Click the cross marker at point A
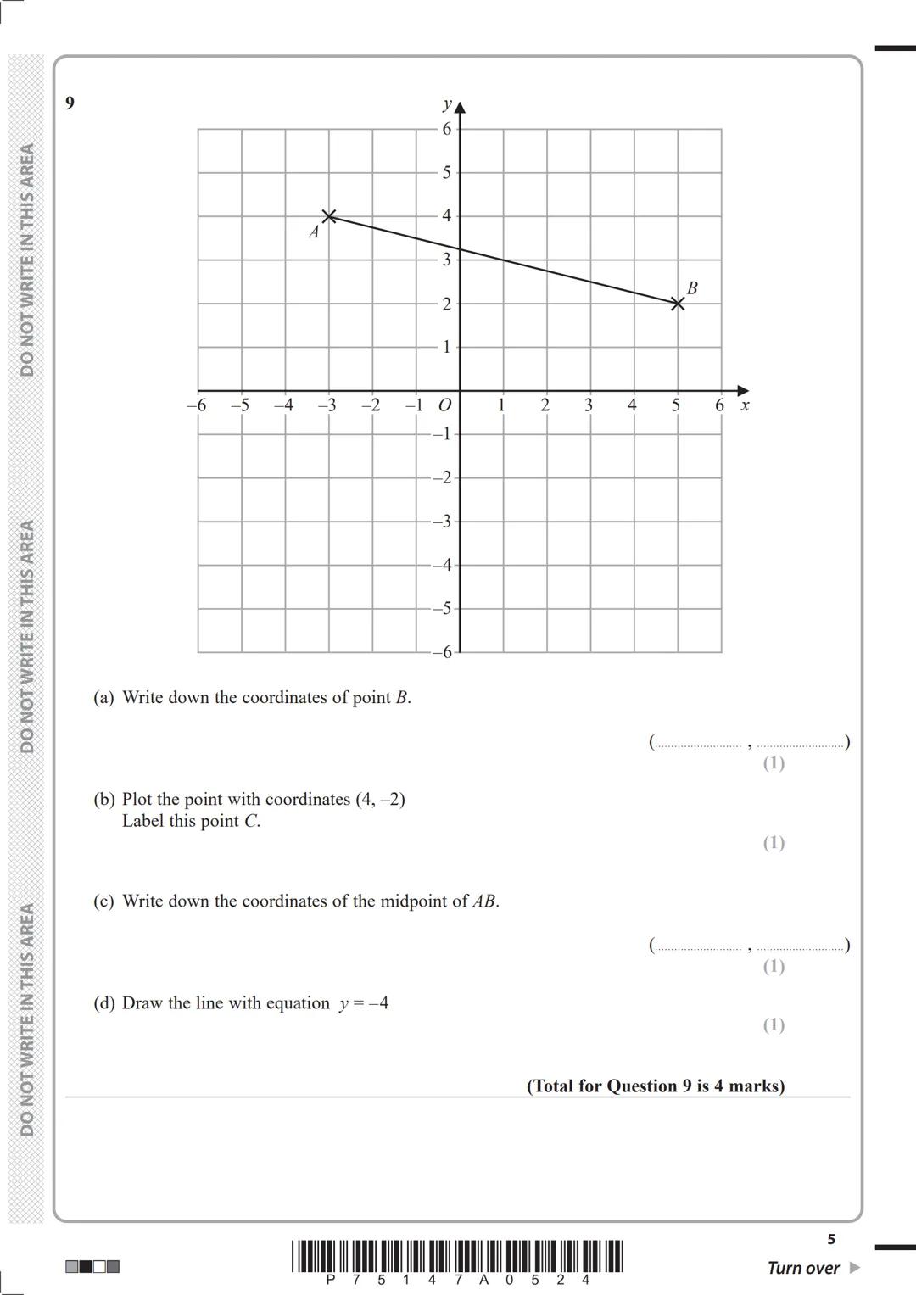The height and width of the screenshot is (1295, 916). coord(329,216)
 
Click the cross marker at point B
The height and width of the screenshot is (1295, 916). coord(677,304)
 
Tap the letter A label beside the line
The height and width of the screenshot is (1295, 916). coord(313,232)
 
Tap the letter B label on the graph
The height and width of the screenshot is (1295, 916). coord(692,288)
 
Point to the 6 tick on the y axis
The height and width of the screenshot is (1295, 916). coord(446,129)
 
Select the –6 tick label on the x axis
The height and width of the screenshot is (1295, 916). coord(196,405)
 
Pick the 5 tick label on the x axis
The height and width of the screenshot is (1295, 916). coord(676,405)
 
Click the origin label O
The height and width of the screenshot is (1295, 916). coord(444,406)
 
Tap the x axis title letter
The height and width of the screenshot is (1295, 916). coord(745,405)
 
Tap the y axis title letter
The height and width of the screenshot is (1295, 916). coord(446,104)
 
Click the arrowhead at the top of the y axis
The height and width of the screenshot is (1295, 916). coord(460,107)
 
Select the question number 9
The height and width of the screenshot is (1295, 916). coord(70,103)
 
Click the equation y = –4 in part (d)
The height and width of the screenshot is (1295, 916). coord(363,1003)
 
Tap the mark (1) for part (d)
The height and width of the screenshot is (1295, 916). coord(774,1024)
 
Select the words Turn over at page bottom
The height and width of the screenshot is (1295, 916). coord(802,1268)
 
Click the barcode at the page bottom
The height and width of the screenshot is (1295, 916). coord(457,1257)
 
